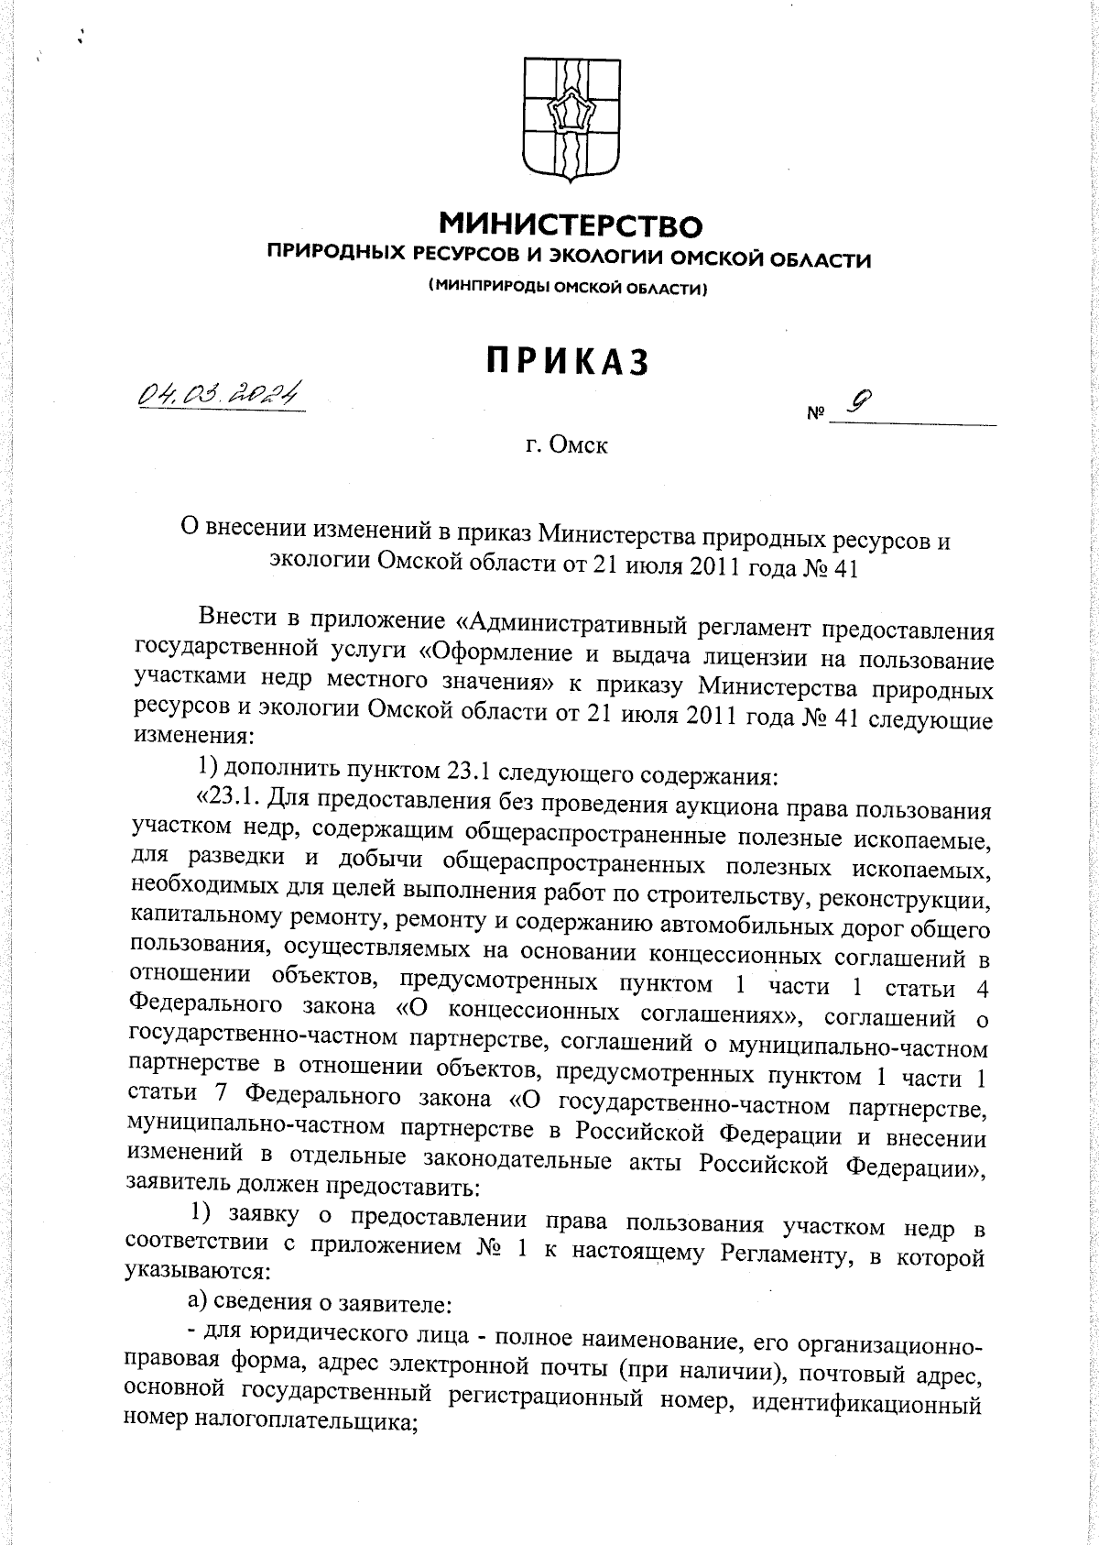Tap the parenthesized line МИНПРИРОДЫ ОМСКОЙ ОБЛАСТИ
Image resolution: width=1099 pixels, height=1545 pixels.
(x=569, y=289)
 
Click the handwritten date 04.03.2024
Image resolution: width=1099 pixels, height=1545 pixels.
(x=219, y=394)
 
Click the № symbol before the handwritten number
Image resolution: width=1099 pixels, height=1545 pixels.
(x=814, y=413)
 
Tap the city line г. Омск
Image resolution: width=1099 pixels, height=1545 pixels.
(x=567, y=447)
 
